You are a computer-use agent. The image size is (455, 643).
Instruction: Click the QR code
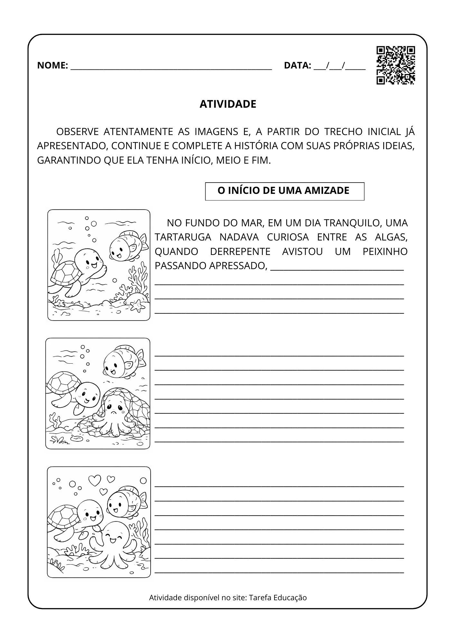tap(395, 65)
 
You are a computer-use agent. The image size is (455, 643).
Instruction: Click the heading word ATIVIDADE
tap(228, 104)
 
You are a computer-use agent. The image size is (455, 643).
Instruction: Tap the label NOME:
tap(52, 65)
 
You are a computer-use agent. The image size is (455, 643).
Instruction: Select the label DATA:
tap(297, 65)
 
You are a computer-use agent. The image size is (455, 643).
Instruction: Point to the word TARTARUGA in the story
tap(183, 237)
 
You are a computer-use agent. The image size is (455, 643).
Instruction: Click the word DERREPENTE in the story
tap(240, 251)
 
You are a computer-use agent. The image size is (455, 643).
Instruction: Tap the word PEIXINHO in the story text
tap(385, 251)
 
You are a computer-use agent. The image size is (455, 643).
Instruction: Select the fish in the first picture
tap(127, 246)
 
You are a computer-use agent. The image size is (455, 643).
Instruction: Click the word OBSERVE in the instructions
tap(77, 131)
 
